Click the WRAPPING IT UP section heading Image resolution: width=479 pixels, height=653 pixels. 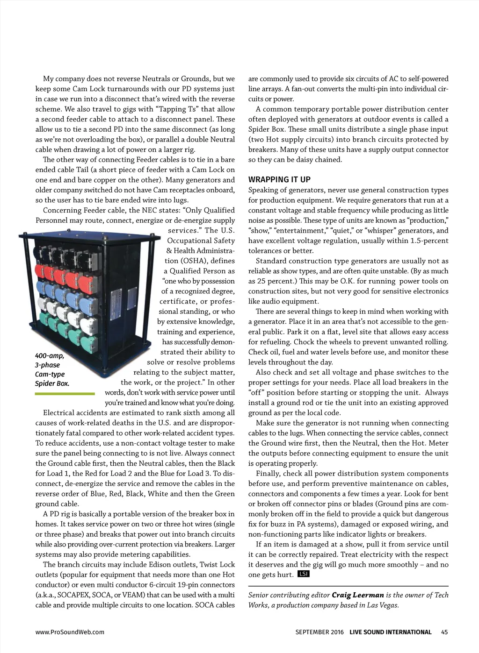[x=279, y=179]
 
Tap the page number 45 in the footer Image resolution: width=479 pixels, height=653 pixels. [x=444, y=632]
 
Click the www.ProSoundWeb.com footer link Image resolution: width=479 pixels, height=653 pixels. [x=70, y=632]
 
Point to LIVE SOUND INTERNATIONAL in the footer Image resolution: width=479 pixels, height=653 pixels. [x=391, y=632]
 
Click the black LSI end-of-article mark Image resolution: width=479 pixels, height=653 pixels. [x=304, y=574]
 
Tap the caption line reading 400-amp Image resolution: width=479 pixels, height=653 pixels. [x=50, y=355]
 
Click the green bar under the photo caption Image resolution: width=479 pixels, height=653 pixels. [x=65, y=394]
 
